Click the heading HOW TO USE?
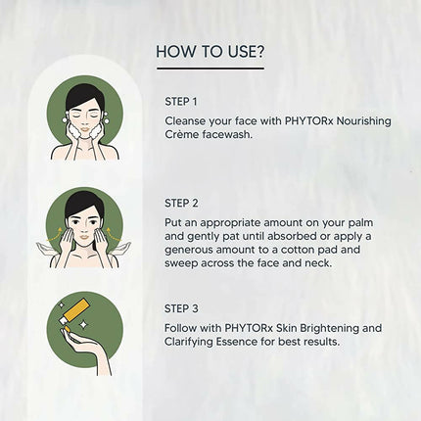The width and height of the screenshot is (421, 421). tap(210, 51)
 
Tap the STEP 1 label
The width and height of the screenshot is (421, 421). tap(181, 100)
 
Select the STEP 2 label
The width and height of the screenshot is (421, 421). tap(181, 203)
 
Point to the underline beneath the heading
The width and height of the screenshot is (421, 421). tap(210, 69)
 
